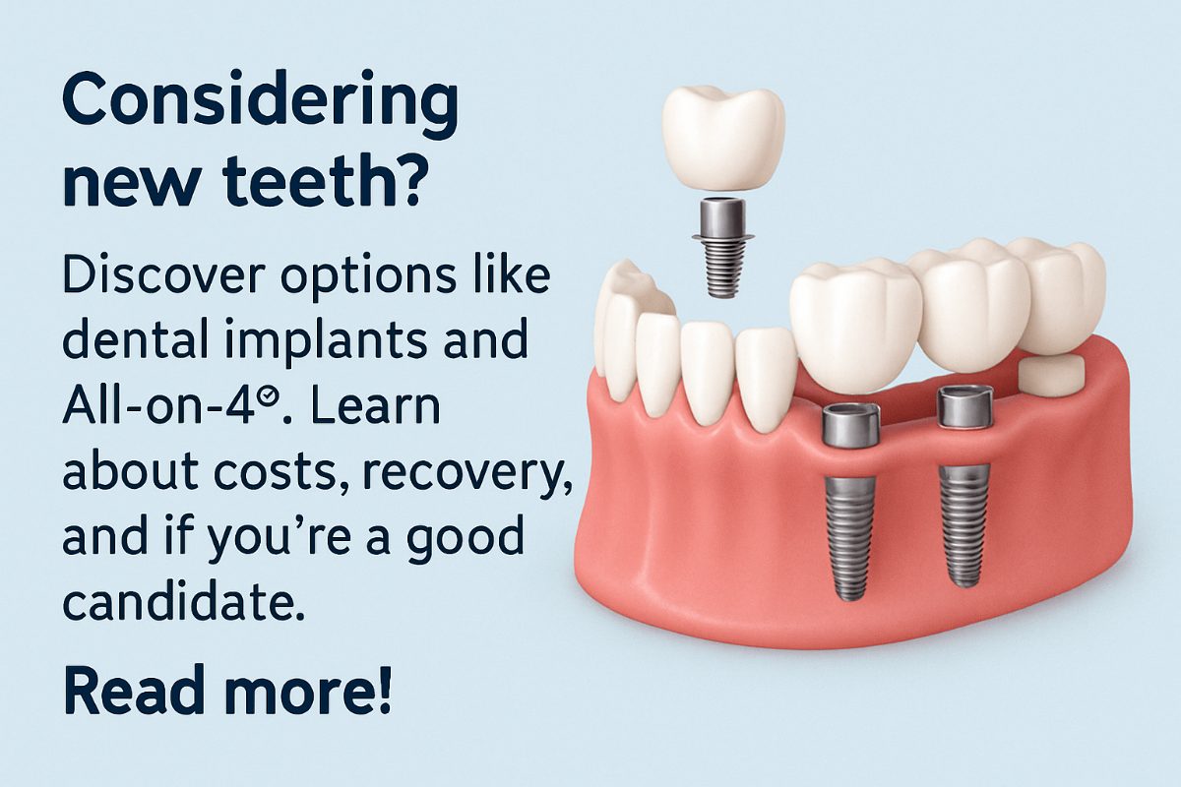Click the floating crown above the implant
723,139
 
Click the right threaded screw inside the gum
964,524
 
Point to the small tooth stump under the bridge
1051,373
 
